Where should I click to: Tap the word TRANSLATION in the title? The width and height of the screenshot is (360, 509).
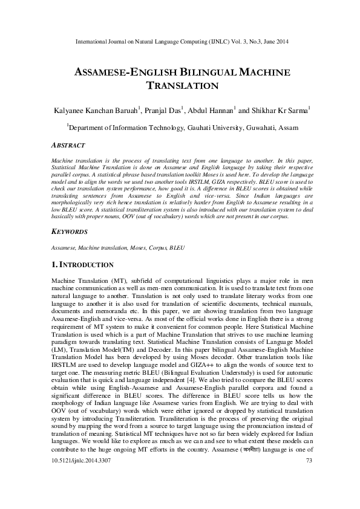point(180,86)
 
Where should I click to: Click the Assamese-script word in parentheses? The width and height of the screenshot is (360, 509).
point(258,485)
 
